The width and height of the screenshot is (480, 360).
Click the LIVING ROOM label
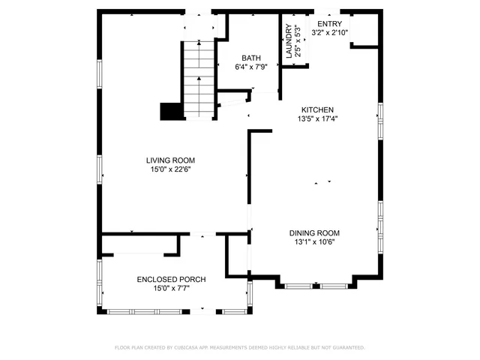(x=171, y=160)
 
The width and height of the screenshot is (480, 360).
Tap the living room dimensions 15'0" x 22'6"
(x=171, y=169)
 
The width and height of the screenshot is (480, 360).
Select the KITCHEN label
(x=318, y=109)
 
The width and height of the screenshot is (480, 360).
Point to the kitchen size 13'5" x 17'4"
(x=318, y=118)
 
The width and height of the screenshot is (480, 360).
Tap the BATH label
(x=250, y=58)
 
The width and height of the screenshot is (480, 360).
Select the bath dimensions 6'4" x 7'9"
(x=250, y=67)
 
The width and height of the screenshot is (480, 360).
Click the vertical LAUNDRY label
(x=288, y=41)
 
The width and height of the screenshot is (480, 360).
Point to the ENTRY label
(x=328, y=24)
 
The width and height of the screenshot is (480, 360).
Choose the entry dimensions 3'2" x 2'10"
(x=328, y=33)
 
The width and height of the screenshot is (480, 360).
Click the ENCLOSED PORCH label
(x=171, y=279)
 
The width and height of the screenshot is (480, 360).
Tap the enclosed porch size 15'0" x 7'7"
(x=171, y=288)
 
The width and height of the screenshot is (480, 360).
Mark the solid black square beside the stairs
(x=172, y=111)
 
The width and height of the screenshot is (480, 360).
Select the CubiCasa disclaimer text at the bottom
(x=239, y=348)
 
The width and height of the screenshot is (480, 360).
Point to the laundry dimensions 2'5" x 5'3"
(x=298, y=41)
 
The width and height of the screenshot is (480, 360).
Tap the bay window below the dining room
(x=316, y=286)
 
